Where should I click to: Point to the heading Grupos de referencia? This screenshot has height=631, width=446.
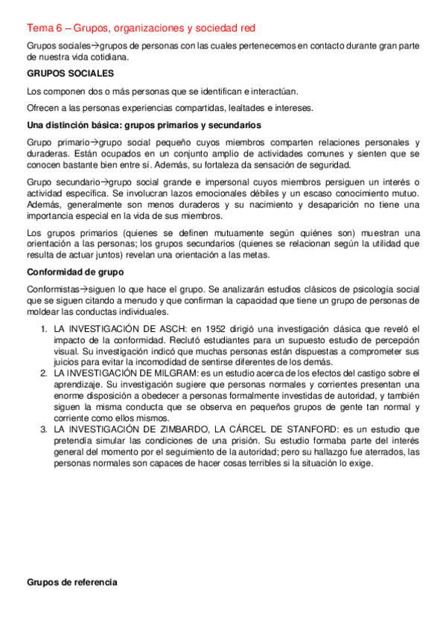[x=72, y=583]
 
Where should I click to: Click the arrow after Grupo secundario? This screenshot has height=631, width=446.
[x=103, y=182]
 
